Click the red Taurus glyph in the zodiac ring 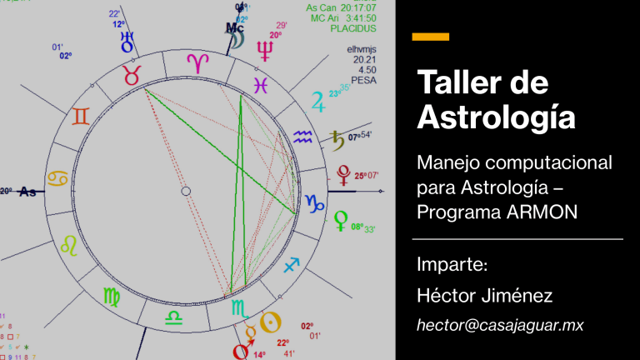(x=131, y=74)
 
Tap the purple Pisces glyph (x=261, y=84)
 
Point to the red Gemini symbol (x=80, y=117)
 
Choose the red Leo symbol (x=70, y=244)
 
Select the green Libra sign (x=172, y=318)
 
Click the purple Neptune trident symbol (x=266, y=52)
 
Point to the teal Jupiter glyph (x=317, y=102)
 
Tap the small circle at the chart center (x=186, y=192)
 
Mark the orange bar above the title (x=431, y=37)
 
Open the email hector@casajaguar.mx (x=500, y=325)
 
